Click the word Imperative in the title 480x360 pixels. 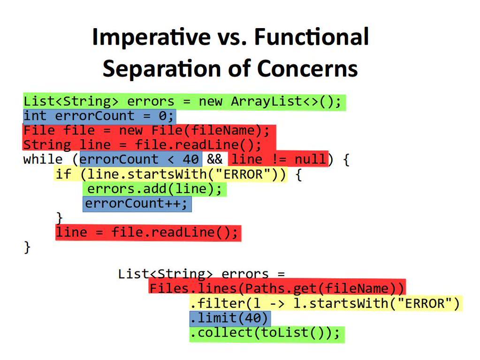coord(152,37)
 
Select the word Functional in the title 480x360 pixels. coord(312,37)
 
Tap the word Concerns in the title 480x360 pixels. coord(307,68)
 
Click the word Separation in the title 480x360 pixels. coord(161,68)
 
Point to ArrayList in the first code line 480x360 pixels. coord(267,101)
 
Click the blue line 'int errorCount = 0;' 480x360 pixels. coord(99,116)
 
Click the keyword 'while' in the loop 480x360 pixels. coord(43,159)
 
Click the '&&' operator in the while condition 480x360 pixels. coord(214,159)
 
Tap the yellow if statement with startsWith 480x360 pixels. coord(170,174)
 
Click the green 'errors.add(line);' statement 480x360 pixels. coord(154,189)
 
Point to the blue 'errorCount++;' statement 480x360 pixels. coord(137,204)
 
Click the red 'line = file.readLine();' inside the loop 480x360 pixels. coord(148,233)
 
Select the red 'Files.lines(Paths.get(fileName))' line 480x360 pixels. coord(277,288)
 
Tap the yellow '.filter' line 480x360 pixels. coord(326,303)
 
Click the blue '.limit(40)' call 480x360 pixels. coord(230,318)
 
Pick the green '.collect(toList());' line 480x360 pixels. coord(267,334)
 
